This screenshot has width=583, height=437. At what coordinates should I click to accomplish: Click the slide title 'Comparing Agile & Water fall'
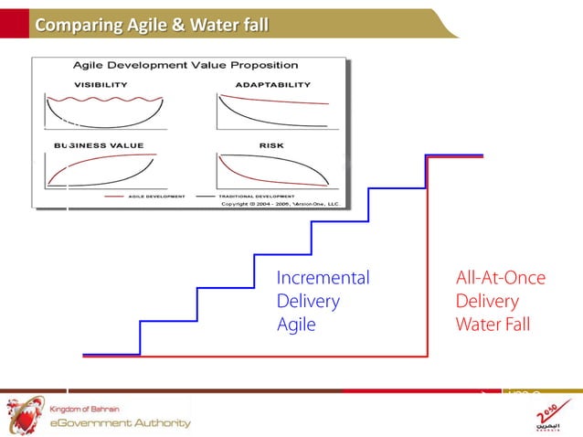[x=151, y=25]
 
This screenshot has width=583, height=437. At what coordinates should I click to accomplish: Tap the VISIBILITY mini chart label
[x=101, y=84]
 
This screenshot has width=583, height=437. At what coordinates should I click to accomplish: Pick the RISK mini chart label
[x=270, y=145]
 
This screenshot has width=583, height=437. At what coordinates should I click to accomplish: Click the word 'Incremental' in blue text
[x=323, y=278]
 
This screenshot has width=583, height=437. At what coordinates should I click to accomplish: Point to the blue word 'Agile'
[x=296, y=325]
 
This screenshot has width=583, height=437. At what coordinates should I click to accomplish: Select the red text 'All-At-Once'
[x=500, y=278]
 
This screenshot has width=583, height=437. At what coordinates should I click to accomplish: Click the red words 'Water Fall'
[x=493, y=325]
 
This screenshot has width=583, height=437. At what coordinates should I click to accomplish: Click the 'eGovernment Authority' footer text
[x=120, y=422]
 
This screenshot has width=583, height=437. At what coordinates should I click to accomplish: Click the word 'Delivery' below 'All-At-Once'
[x=488, y=301]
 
